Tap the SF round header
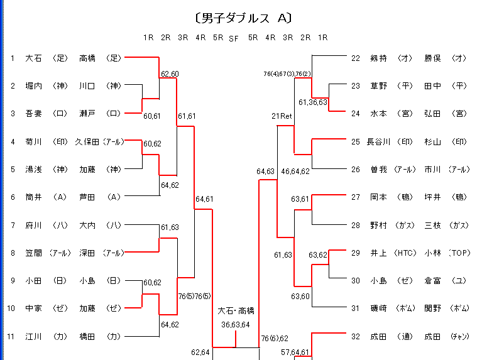point(234,38)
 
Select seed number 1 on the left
point(12,58)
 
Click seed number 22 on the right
point(356,58)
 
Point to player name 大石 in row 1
point(33,58)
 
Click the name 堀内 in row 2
point(33,86)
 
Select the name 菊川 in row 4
point(33,141)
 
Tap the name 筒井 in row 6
point(33,197)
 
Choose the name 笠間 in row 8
point(33,253)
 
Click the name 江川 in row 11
point(33,336)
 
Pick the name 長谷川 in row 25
point(378,141)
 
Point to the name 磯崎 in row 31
point(378,308)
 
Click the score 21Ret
point(282,116)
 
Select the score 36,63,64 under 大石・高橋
point(236,325)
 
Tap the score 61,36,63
point(313,102)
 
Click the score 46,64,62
point(295,171)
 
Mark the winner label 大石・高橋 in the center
point(236,311)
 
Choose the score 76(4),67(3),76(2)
point(287,74)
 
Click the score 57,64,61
point(295,352)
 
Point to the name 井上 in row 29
point(378,253)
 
